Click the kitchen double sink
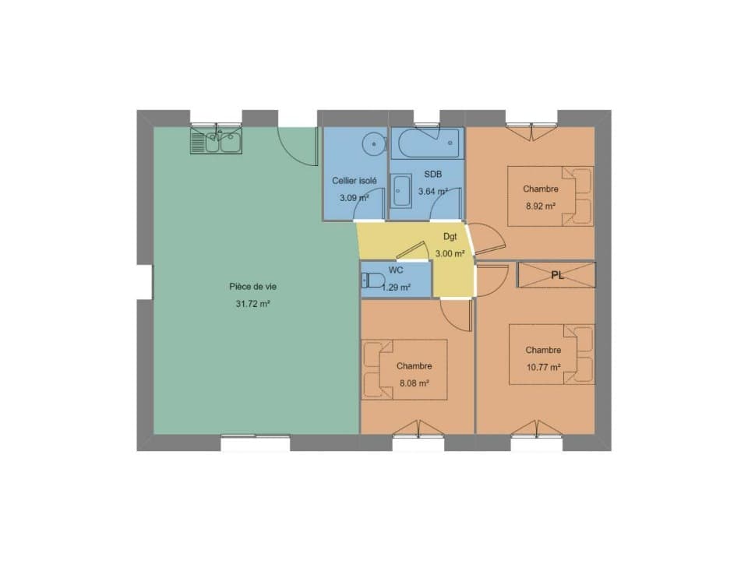(x=216, y=140)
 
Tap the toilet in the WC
(x=373, y=280)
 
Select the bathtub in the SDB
(x=427, y=143)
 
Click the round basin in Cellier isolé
(x=373, y=143)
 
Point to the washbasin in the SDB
(x=401, y=191)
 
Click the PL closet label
(x=557, y=275)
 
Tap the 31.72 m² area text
(x=252, y=303)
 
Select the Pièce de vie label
(x=252, y=287)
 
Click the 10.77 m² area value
(x=543, y=367)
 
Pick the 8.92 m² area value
(x=541, y=206)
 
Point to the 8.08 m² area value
(x=414, y=383)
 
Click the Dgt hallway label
(x=450, y=237)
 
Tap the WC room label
(x=396, y=270)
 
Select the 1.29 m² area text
(x=396, y=288)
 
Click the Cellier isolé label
(x=355, y=181)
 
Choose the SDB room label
(x=432, y=174)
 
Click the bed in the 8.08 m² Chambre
(x=404, y=369)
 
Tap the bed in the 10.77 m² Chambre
(x=552, y=355)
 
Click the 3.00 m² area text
(x=450, y=253)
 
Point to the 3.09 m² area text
(x=354, y=197)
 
